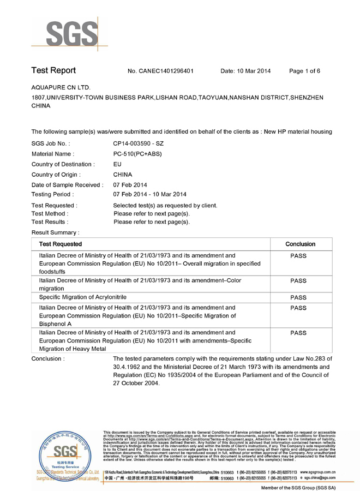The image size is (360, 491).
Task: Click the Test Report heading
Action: [53, 71]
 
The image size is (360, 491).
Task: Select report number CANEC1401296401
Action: [160, 71]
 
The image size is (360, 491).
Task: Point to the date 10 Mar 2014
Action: [245, 71]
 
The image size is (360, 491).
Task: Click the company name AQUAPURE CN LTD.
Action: [61, 87]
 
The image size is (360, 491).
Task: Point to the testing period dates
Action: [149, 194]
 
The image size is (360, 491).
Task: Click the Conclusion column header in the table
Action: [299, 244]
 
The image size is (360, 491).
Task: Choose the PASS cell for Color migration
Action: [298, 281]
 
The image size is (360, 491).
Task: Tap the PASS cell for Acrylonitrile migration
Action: [298, 297]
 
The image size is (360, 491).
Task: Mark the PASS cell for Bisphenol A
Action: [298, 308]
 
